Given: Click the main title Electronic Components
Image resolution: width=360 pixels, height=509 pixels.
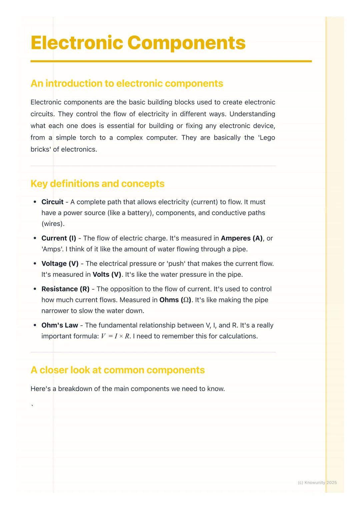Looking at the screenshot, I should [138, 43].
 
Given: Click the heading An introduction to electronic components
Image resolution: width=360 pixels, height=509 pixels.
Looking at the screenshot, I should [127, 83].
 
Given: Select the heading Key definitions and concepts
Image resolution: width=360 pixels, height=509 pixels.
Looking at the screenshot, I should [97, 184].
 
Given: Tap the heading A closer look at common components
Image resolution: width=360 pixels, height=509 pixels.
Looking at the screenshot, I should [117, 370].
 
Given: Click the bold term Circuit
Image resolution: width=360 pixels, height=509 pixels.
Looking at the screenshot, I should [52, 202].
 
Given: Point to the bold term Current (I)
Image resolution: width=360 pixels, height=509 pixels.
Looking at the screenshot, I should [59, 238].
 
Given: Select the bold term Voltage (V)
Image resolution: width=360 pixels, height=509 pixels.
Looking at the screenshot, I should [60, 263].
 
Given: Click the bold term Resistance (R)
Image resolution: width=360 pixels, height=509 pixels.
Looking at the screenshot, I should [65, 289].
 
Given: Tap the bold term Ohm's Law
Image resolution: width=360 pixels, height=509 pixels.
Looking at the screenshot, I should [60, 325].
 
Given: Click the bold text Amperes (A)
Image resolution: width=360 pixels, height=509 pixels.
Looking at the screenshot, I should [242, 238].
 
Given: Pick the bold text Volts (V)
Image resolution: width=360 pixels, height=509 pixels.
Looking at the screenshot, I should [107, 274].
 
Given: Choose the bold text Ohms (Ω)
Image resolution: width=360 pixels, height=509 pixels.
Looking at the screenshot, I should [175, 300].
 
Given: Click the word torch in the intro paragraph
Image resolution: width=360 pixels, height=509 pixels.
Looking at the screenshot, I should [88, 138].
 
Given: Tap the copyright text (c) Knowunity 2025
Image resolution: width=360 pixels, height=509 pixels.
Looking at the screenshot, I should [317, 482].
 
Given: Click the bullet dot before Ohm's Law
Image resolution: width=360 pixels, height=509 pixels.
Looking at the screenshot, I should [35, 325].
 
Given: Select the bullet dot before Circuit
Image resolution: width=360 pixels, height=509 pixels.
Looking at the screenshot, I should [35, 202].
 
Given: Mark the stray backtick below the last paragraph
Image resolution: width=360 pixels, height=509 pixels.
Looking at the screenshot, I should [32, 405].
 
